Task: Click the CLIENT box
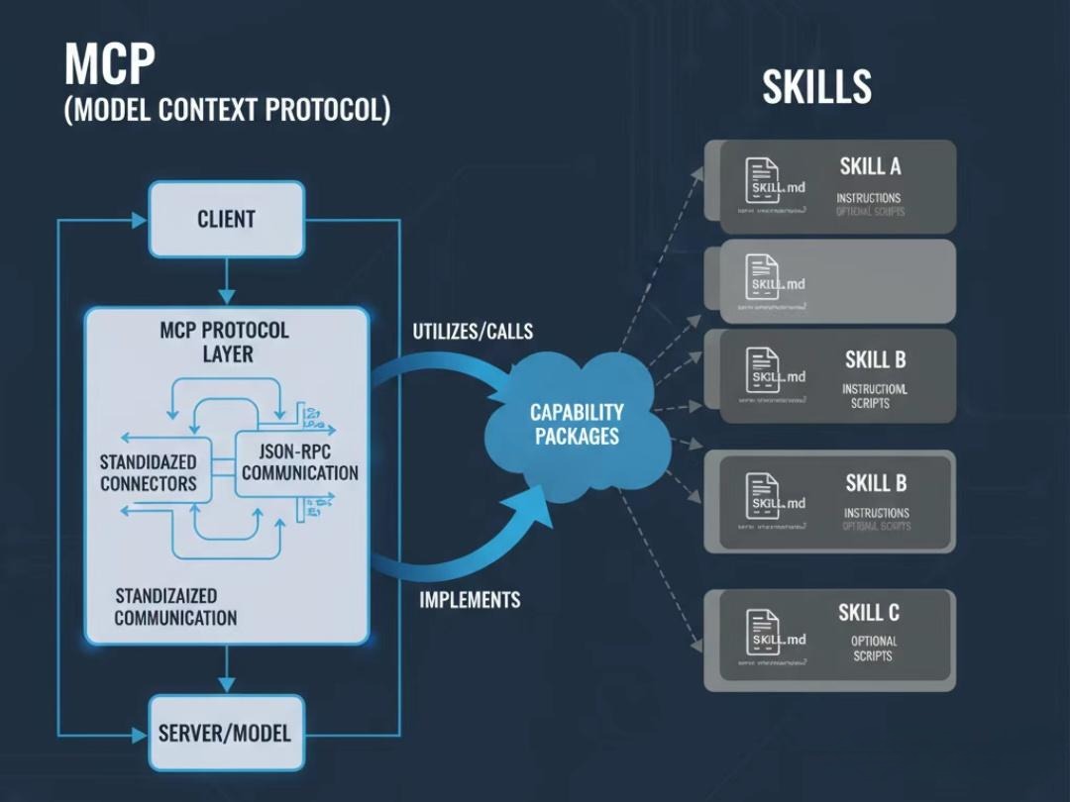point(226,219)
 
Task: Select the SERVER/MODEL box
point(225,734)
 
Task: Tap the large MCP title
point(110,66)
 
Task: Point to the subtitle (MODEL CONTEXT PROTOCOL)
point(227,110)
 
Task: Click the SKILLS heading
point(816,87)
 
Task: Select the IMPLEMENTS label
point(470,599)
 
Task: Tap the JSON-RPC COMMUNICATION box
point(299,461)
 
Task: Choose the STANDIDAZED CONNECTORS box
point(149,472)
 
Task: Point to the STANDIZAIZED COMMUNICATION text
point(175,607)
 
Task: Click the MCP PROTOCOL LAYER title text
point(225,341)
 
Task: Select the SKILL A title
point(870,166)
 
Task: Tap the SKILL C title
point(869,613)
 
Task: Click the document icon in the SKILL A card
point(762,179)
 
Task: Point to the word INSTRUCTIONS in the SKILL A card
point(869,198)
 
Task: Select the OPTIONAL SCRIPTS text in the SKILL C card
point(873,649)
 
